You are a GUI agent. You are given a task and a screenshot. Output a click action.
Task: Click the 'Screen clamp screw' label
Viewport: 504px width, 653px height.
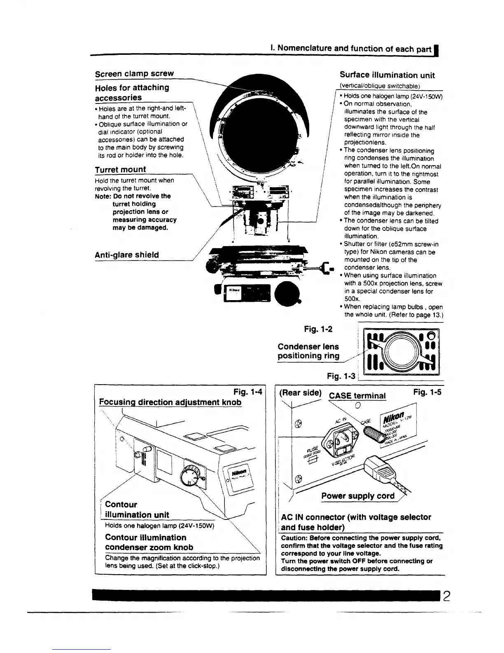tap(134, 74)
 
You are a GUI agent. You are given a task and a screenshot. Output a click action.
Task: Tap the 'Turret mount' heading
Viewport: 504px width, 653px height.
tap(120, 169)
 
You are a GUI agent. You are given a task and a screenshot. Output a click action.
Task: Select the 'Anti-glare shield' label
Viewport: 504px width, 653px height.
tap(126, 255)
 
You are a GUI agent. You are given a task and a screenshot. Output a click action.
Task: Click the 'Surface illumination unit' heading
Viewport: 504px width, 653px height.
tap(387, 75)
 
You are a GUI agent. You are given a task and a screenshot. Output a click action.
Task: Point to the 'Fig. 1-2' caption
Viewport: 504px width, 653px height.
tap(318, 329)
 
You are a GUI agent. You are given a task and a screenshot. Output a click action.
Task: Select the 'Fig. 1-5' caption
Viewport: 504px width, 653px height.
tap(427, 392)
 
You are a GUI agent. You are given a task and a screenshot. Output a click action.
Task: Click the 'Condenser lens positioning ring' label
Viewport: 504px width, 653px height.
tap(308, 351)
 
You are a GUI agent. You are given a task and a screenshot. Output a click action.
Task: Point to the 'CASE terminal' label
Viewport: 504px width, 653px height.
tap(357, 396)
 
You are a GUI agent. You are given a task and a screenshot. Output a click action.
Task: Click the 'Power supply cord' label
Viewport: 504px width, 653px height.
tap(357, 496)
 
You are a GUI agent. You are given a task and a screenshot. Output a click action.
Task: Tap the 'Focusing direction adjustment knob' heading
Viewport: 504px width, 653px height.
tap(170, 402)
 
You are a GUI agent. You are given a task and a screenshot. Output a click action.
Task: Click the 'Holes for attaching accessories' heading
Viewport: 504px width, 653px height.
tap(132, 92)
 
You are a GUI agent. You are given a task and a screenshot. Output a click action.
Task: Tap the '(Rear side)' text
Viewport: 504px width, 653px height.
tap(300, 393)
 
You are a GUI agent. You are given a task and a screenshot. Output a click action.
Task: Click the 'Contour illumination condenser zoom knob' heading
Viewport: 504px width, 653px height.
tap(149, 543)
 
